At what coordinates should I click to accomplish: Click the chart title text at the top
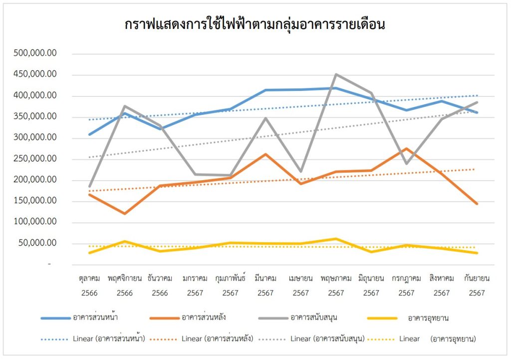[x=255, y=25]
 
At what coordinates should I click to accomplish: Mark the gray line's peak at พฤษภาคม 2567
[x=336, y=74]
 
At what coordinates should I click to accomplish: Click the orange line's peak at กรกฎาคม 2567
[x=406, y=148]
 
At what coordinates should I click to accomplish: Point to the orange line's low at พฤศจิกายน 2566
[x=124, y=214]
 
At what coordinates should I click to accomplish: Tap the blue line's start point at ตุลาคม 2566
[x=89, y=134]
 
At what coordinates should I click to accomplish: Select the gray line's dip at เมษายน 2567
[x=301, y=171]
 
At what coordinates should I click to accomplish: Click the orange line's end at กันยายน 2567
[x=477, y=204]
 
